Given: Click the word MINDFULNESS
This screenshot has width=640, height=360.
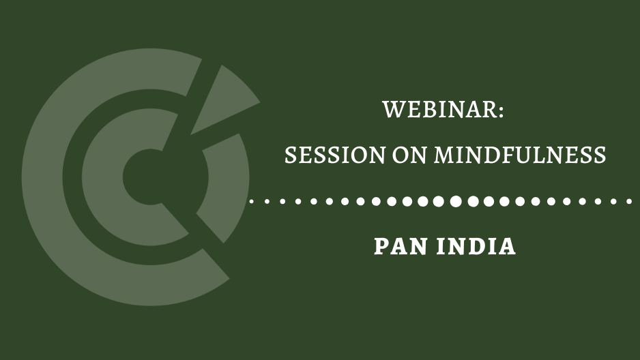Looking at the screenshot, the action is pyautogui.click(x=521, y=155).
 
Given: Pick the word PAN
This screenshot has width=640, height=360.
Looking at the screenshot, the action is pyautogui.click(x=401, y=247).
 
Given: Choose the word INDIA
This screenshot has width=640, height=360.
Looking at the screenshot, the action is pyautogui.click(x=476, y=247).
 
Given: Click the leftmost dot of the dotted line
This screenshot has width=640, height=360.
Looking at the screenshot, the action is pyautogui.click(x=251, y=201).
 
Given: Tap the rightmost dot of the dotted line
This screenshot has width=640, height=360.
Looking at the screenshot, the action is pyautogui.click(x=629, y=201).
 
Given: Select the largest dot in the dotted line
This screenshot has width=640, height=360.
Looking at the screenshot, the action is pyautogui.click(x=456, y=201).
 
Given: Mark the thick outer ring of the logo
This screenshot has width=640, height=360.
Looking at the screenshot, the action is pyautogui.click(x=43, y=177).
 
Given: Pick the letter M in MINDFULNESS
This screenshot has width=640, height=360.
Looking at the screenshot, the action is pyautogui.click(x=444, y=155).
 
